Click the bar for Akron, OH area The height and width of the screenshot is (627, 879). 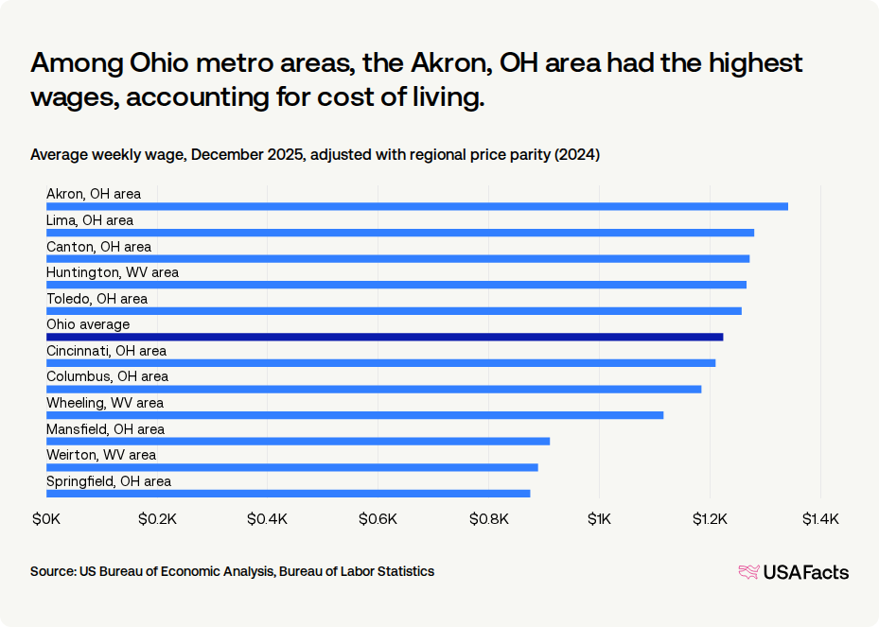417,206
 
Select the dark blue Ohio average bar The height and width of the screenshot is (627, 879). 384,337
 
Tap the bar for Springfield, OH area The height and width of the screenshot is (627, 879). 288,493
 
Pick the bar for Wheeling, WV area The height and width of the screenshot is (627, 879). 355,415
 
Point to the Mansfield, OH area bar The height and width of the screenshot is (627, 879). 298,441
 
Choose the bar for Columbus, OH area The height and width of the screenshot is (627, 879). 374,389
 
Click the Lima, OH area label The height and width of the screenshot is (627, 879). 90,220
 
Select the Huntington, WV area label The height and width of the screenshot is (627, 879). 113,272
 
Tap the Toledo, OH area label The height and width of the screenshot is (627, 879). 97,299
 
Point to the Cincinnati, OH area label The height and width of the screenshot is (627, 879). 106,351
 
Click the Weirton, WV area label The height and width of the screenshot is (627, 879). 101,455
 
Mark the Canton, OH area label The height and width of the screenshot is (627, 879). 98,247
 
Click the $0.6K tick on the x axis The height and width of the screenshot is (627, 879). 378,519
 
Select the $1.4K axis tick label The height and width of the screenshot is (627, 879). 819,519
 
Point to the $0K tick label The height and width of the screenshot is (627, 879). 46,519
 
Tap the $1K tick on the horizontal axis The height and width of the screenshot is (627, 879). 599,519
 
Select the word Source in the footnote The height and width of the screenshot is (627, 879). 52,571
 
